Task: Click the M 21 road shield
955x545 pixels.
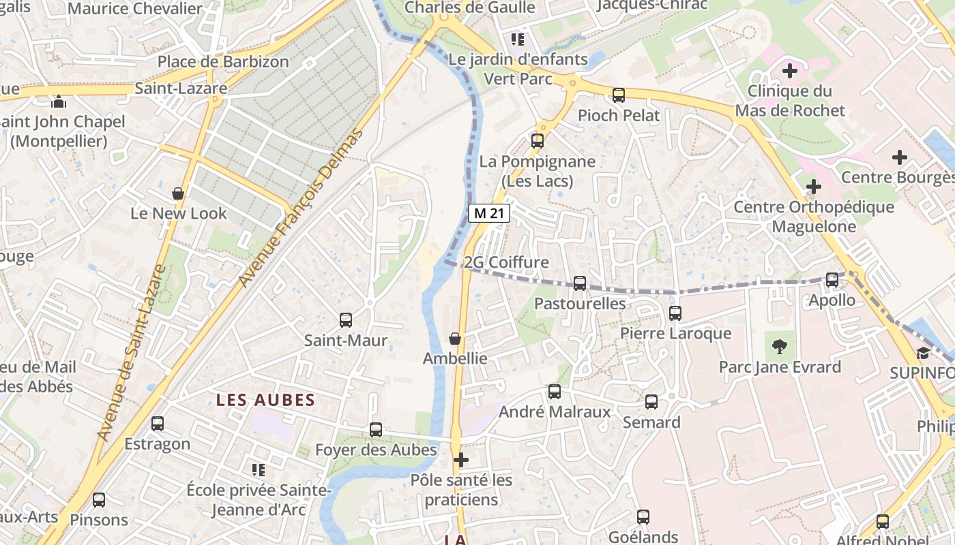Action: tap(489, 213)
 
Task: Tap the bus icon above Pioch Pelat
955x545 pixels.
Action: tap(619, 95)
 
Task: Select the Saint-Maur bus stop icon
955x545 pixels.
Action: tap(346, 320)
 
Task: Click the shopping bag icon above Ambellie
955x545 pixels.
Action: tap(455, 339)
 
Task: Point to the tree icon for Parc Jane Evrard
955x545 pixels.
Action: tap(779, 347)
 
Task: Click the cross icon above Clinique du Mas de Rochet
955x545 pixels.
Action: tap(790, 70)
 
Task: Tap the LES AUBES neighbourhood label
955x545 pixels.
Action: tap(265, 401)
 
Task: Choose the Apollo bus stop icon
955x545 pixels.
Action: tap(832, 280)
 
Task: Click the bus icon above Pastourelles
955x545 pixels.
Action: tap(580, 283)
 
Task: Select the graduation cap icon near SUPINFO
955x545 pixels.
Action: tap(923, 353)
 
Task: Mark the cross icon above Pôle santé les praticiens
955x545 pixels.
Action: tap(461, 460)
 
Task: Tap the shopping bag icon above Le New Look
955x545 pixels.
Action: tap(178, 193)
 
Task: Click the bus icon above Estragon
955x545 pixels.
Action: tap(158, 424)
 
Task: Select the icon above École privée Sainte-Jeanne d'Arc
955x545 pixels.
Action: tap(259, 469)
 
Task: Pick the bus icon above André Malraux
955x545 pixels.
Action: tap(555, 392)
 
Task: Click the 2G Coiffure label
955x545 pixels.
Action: tap(505, 263)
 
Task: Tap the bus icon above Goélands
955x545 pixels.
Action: tap(643, 517)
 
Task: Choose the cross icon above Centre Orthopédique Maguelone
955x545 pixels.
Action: tap(813, 187)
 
